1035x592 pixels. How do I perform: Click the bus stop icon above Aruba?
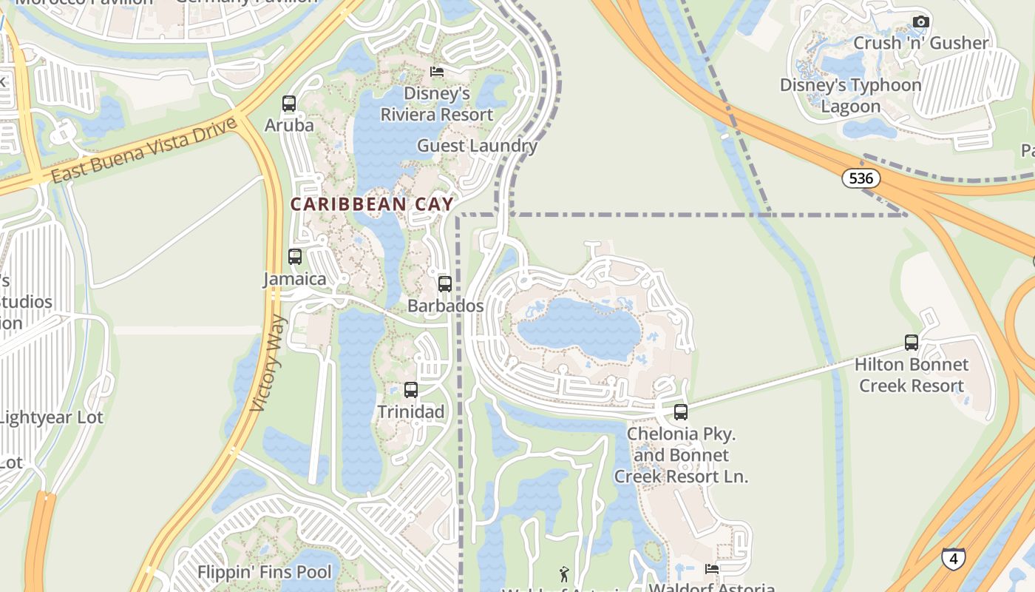(289, 104)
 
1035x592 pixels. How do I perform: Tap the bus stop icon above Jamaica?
(295, 257)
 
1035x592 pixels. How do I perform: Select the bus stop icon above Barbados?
(445, 284)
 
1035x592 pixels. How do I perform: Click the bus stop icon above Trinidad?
(411, 390)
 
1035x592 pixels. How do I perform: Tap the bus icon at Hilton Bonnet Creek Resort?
(912, 343)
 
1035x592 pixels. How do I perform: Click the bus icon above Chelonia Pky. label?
(681, 412)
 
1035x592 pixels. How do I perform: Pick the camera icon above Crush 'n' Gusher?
(920, 21)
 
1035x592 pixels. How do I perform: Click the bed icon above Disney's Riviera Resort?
(437, 72)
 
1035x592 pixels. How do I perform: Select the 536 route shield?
(861, 178)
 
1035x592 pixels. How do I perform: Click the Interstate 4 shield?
(953, 558)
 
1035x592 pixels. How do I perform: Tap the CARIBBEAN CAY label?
(372, 204)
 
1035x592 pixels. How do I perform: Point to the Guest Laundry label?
(477, 146)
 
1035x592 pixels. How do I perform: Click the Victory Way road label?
(268, 363)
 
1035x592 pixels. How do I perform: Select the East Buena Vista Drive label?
(145, 150)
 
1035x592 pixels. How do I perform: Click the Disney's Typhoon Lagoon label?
(851, 95)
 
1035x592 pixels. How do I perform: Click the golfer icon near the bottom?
(564, 573)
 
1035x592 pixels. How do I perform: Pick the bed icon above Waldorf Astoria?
(712, 569)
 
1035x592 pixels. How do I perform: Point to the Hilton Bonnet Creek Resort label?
(911, 375)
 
